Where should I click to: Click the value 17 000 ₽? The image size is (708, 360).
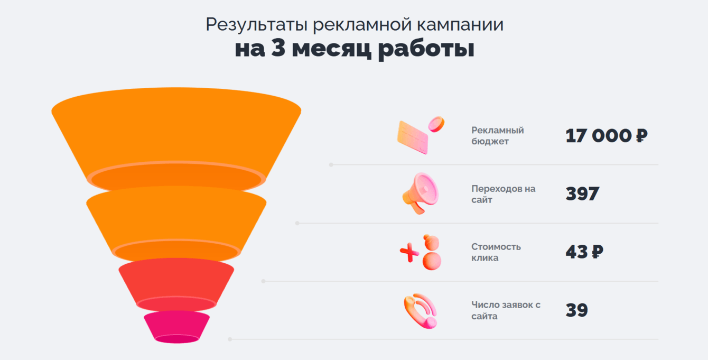606,136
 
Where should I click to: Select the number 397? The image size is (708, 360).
582,194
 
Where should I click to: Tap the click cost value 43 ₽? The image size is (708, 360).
584,252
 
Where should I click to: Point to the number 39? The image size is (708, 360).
576,310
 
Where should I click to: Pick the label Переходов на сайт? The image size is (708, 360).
503,194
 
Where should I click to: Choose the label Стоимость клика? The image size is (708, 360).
496,252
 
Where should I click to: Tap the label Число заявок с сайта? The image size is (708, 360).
506,310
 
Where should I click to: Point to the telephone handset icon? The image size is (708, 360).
421,311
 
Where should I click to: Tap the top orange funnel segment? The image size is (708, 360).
176,132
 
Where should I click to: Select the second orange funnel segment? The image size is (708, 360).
176,217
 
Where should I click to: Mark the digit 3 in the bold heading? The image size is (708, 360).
278,49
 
